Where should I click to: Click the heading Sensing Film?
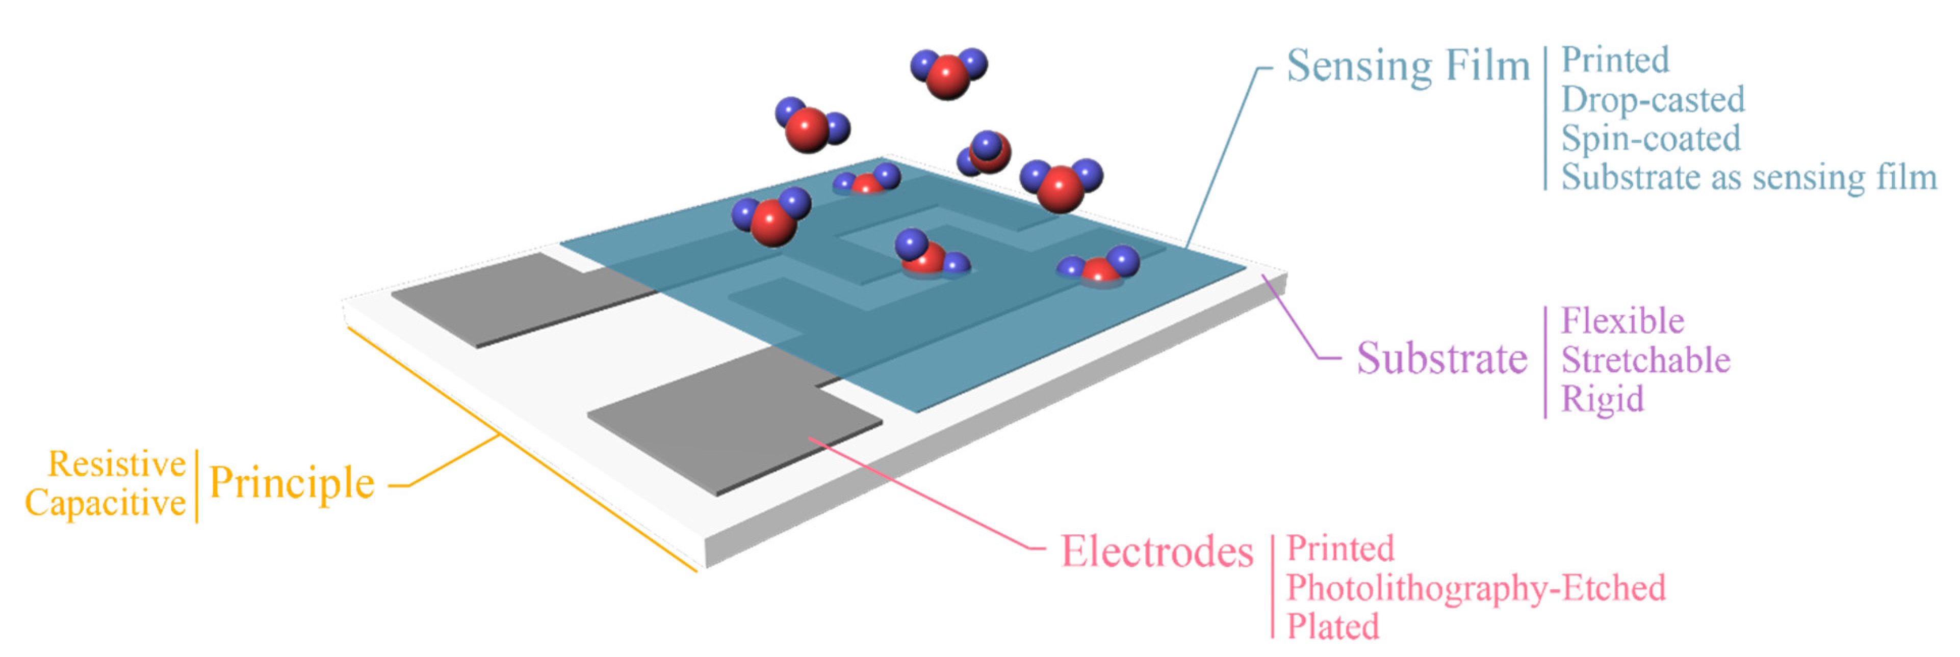click(1408, 67)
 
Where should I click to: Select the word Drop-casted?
click(1653, 100)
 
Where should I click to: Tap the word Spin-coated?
click(1650, 139)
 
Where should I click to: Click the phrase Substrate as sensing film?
click(1748, 178)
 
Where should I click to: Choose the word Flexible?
click(1622, 321)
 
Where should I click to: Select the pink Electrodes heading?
click(1156, 552)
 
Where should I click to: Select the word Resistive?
click(116, 464)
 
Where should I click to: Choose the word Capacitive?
click(105, 503)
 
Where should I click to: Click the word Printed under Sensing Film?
click(1615, 61)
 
